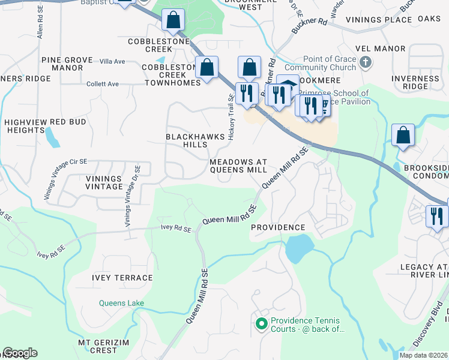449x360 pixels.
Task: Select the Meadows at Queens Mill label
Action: [x=238, y=166]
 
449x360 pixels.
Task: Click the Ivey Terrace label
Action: [x=122, y=278]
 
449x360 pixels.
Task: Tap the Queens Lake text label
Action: [x=121, y=304]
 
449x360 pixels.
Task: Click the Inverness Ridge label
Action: [x=415, y=83]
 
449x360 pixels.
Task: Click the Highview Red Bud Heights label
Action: [x=45, y=126]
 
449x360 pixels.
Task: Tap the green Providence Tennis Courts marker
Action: [x=261, y=325]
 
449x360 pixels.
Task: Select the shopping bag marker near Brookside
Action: [x=403, y=136]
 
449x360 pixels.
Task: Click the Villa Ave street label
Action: [x=112, y=61]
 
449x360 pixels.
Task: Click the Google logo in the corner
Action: [x=20, y=353]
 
